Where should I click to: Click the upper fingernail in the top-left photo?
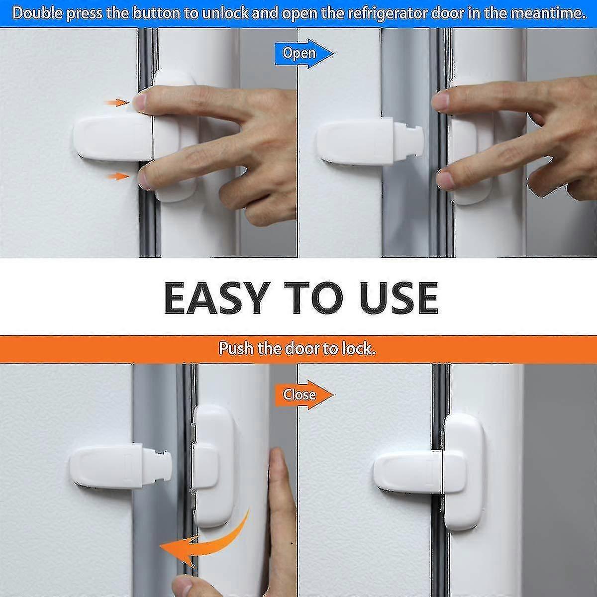[x=141, y=103]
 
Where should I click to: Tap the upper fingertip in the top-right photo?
[x=440, y=101]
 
